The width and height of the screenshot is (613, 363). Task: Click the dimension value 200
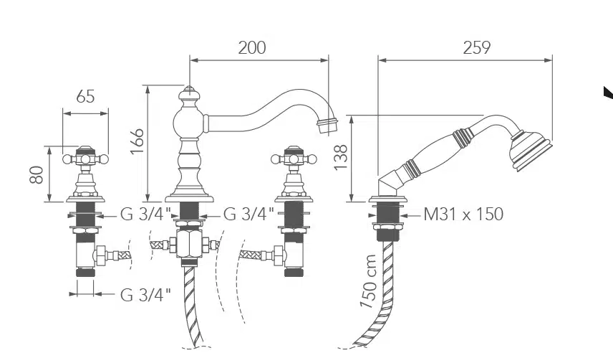252,47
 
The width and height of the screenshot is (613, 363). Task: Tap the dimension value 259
476,47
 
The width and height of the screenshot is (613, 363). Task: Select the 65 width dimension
86,96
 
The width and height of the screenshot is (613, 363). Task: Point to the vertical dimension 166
137,141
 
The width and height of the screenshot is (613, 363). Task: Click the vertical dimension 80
37,174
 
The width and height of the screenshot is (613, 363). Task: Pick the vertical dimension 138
341,157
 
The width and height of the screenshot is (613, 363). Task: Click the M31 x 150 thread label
463,214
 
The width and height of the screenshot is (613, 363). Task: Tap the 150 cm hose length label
368,281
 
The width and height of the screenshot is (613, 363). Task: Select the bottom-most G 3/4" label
146,294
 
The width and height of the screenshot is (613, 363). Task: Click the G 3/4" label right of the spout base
248,214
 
